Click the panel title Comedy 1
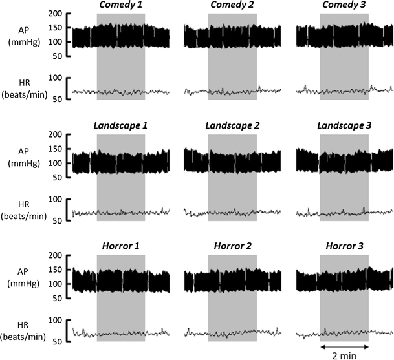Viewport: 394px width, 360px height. click(x=120, y=6)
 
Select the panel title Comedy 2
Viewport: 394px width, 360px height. click(x=232, y=6)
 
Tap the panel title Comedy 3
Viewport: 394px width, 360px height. click(x=344, y=6)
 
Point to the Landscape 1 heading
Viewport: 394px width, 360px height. click(x=120, y=124)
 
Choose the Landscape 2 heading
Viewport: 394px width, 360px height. click(x=232, y=124)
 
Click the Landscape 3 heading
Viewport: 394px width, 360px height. click(x=344, y=124)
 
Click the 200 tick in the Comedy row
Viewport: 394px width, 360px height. click(x=55, y=14)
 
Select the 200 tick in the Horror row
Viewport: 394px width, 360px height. click(x=55, y=255)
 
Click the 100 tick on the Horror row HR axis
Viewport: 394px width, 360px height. click(x=55, y=320)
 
